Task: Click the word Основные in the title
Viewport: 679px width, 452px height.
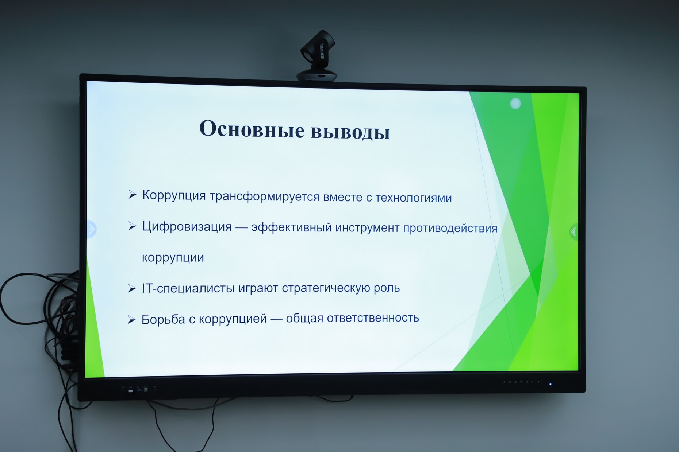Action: [252, 129]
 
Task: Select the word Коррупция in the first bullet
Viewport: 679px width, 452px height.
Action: [174, 195]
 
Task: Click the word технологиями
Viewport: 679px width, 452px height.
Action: [414, 198]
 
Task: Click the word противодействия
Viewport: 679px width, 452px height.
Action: [450, 229]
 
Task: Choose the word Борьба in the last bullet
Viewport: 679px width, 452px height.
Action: [163, 319]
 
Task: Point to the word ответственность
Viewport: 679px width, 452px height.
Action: [373, 318]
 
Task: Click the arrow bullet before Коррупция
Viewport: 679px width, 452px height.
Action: [132, 195]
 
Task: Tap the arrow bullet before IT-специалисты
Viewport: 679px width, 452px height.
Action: [132, 289]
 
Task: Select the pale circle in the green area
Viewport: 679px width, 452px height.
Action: [515, 104]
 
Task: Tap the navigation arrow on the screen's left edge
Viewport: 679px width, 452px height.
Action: [92, 229]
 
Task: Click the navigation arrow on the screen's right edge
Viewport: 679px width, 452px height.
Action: [573, 232]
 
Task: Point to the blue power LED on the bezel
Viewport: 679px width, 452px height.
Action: [550, 384]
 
